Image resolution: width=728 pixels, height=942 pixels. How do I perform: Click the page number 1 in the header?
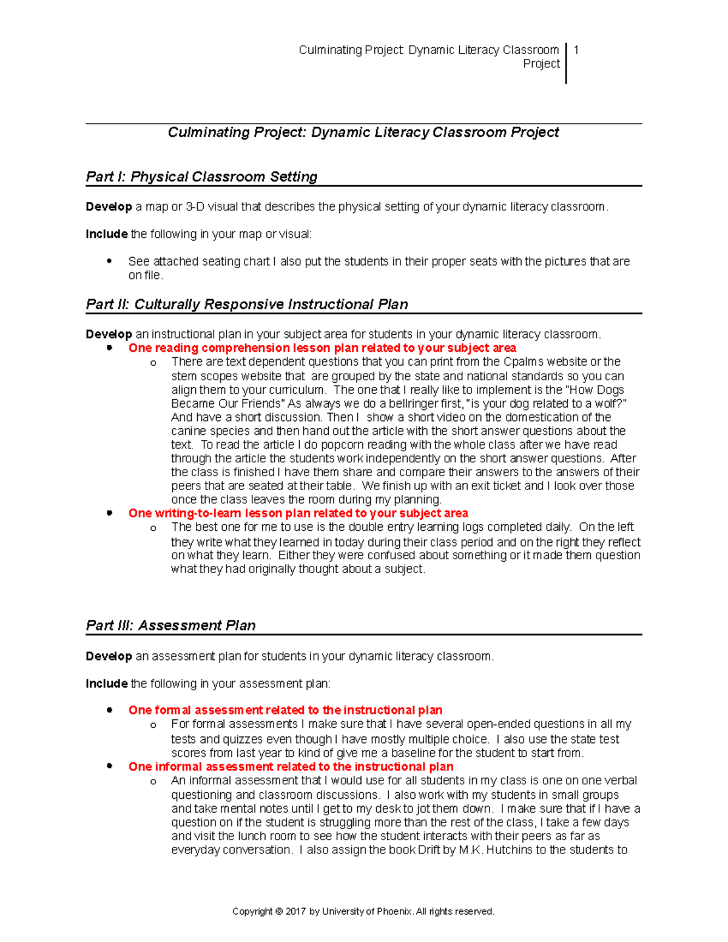(x=576, y=50)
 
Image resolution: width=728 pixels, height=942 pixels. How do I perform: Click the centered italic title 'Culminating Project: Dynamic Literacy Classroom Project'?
(x=363, y=132)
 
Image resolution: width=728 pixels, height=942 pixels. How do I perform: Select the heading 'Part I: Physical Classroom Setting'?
(x=201, y=177)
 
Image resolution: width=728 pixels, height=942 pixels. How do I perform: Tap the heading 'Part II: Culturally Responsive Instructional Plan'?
(x=247, y=304)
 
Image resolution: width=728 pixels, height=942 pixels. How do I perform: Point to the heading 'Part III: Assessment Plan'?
(x=170, y=625)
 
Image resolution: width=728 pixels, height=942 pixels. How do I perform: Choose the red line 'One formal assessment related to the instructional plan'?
(x=285, y=710)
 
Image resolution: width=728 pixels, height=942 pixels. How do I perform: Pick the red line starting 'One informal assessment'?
(x=291, y=767)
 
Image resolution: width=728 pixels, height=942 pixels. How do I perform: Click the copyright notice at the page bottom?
(x=363, y=912)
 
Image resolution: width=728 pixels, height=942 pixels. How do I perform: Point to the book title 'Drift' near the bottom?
(x=429, y=850)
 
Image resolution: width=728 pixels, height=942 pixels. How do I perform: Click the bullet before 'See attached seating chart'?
(x=109, y=261)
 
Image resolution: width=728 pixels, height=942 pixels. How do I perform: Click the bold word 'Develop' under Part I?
(x=109, y=207)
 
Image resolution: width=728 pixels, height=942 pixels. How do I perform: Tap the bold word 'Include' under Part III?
(x=107, y=684)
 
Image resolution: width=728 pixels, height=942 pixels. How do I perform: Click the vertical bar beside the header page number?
(x=566, y=63)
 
